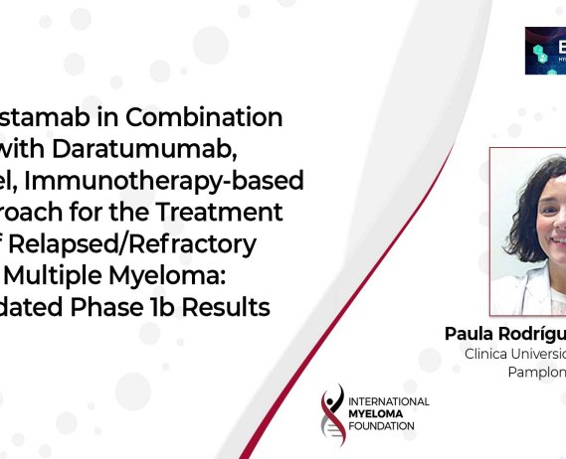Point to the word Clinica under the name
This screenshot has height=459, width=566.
pyautogui.click(x=494, y=353)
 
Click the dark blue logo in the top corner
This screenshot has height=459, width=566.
pyautogui.click(x=545, y=50)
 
